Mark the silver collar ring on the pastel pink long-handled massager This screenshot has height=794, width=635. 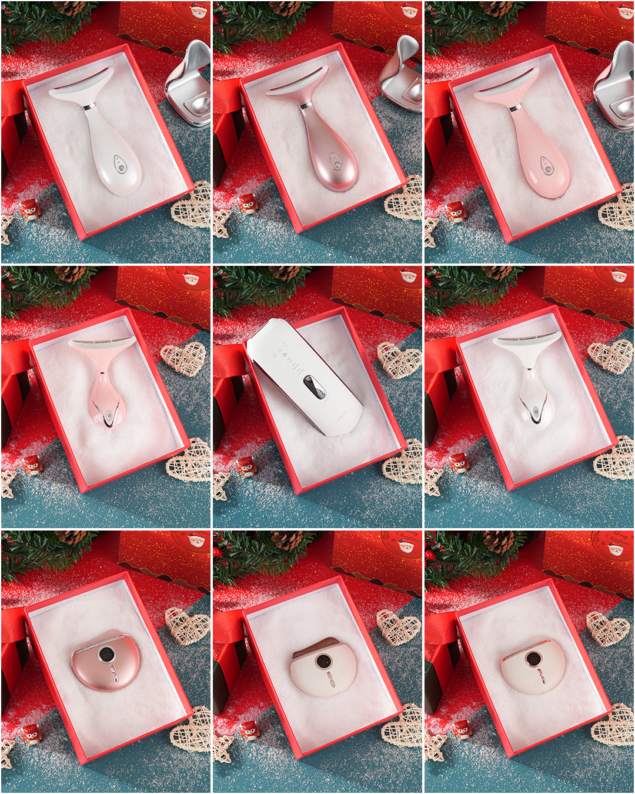[x=516, y=108]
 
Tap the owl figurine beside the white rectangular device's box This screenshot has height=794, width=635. [x=247, y=466]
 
